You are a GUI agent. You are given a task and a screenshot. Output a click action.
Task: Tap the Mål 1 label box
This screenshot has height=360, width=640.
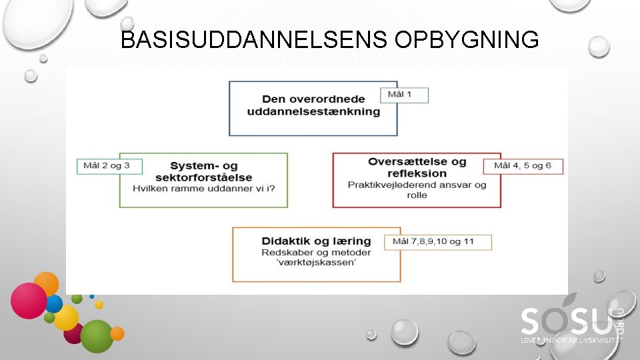click(x=404, y=95)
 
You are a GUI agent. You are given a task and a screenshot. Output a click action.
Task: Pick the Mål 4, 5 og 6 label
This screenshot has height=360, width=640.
click(x=527, y=166)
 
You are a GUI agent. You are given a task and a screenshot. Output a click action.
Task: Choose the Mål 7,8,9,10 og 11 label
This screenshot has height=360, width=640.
click(x=438, y=241)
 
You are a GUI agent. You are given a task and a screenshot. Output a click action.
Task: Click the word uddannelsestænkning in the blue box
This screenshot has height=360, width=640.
click(x=313, y=111)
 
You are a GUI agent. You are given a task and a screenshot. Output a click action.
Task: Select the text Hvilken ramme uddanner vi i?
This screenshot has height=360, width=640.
click(x=203, y=187)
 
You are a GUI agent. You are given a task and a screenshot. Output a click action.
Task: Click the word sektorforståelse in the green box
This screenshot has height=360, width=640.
click(x=203, y=177)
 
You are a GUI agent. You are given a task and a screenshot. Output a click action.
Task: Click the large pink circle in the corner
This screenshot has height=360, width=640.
click(x=29, y=300)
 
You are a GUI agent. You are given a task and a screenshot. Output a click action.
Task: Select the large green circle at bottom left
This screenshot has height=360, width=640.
click(x=97, y=336)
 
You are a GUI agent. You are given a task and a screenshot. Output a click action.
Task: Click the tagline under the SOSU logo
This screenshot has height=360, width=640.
click(x=571, y=340)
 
